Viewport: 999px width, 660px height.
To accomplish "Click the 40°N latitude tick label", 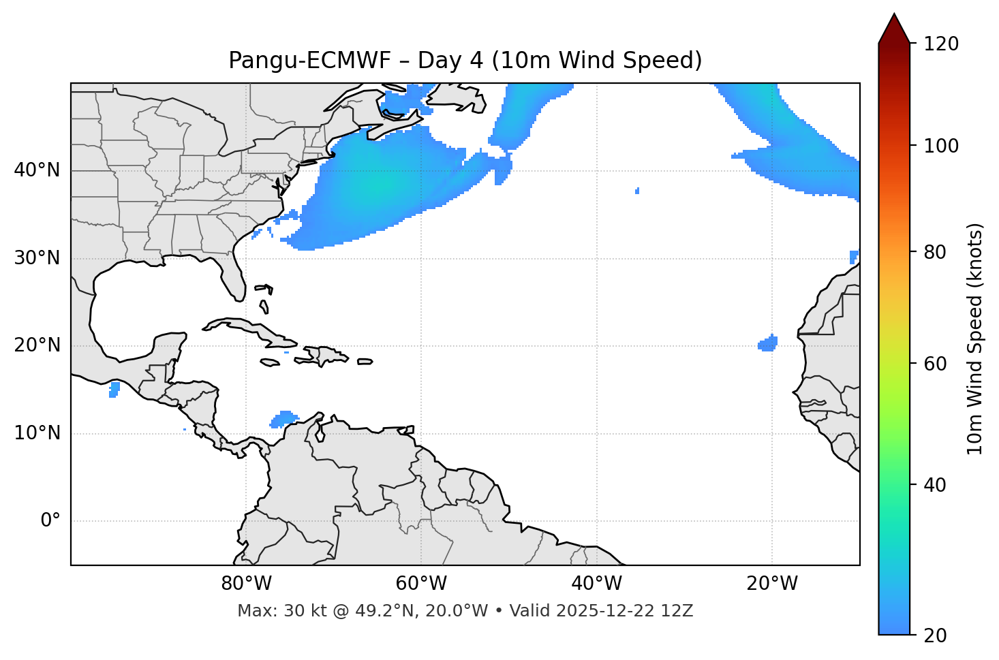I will coord(37,170).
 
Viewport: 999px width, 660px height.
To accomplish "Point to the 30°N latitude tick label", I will coord(37,258).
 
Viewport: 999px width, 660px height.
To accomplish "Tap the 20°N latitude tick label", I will coord(37,345).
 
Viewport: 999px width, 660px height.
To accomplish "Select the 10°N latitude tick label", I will coord(37,433).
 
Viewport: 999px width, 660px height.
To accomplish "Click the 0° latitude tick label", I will coord(50,521).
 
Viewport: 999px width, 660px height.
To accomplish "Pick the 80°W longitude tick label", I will coord(246,584).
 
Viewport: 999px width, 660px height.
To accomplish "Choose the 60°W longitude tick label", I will coord(421,584).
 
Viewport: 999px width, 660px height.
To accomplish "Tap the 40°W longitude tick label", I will coord(596,584).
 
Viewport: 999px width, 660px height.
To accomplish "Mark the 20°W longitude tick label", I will coord(772,584).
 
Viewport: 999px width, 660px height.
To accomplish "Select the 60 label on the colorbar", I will coord(934,364).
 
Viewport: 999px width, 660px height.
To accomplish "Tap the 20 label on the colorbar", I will coord(934,635).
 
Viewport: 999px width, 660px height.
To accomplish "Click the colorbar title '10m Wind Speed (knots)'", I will coord(975,339).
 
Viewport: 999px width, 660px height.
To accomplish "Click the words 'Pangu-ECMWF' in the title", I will coord(309,61).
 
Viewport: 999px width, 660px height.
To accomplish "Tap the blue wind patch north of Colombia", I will coord(284,418).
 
